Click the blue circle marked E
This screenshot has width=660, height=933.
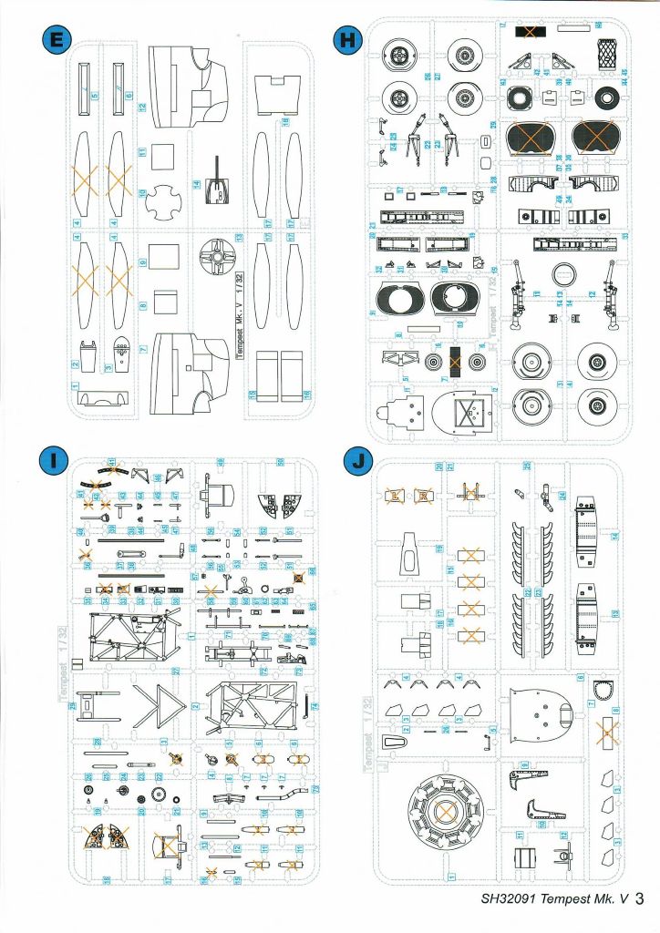[x=59, y=40]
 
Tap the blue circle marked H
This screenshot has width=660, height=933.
[x=346, y=40]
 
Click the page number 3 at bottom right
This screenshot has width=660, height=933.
[x=640, y=898]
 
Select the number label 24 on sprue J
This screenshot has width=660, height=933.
[x=563, y=497]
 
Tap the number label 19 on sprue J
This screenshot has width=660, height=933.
[x=524, y=765]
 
